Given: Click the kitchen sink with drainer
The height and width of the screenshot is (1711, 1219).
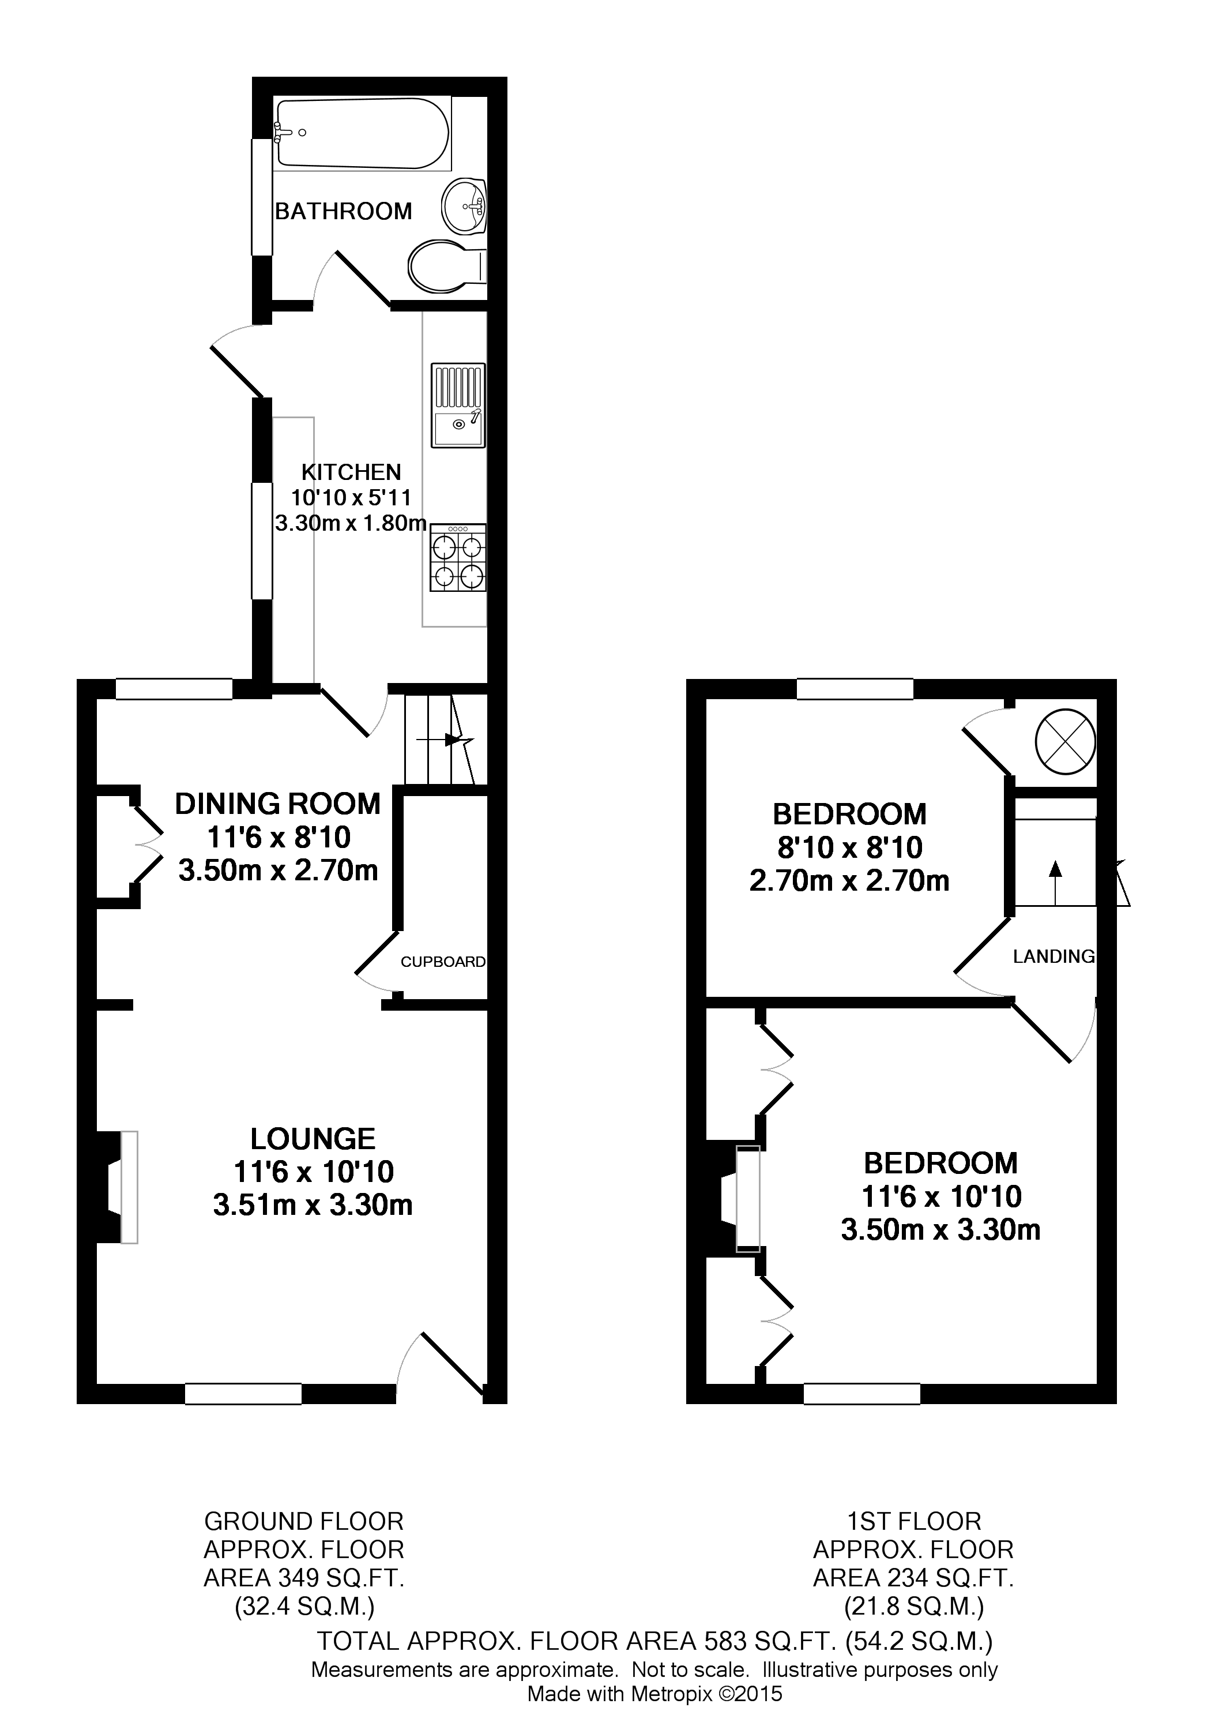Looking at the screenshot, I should click(458, 406).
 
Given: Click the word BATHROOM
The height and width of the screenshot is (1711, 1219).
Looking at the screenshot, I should click(344, 212).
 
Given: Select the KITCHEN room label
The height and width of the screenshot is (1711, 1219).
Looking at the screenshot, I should click(351, 472).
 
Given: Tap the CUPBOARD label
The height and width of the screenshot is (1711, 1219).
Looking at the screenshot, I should click(443, 962).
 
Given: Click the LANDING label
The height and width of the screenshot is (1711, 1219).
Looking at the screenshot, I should click(1053, 956).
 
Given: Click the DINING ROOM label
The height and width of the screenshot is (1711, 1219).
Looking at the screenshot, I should click(278, 804).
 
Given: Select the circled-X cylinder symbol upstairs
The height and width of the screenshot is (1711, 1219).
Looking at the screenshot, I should click(1065, 742).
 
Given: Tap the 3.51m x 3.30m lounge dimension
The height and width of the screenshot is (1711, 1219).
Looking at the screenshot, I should click(313, 1205).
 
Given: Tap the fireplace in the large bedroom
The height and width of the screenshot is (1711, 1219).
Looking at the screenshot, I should click(736, 1200).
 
